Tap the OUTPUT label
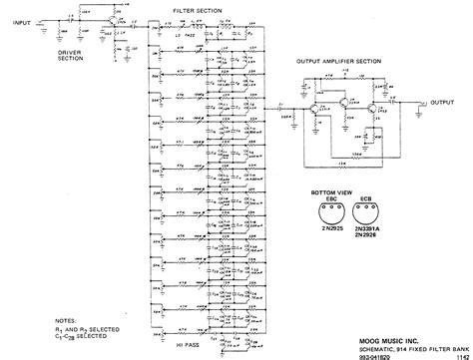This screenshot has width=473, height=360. click(x=441, y=101)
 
